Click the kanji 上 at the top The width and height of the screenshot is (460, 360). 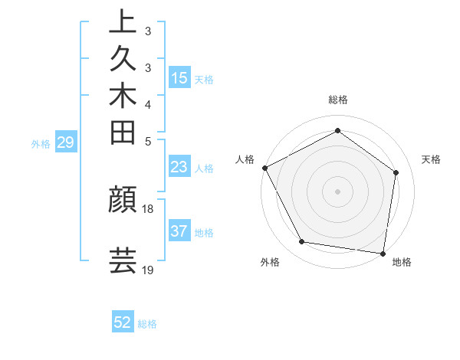point(123,21)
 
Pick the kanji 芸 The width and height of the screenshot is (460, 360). point(123,260)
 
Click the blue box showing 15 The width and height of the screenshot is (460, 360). point(179,77)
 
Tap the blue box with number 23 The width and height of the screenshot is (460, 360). point(179,167)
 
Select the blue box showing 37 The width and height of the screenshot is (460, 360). point(179,231)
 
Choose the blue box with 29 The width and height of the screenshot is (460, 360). point(66,142)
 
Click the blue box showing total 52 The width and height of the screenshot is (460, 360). point(123,322)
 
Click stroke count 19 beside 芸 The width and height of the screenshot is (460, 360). point(148,270)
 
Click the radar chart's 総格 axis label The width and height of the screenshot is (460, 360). point(337,100)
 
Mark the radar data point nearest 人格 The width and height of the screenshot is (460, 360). point(264,168)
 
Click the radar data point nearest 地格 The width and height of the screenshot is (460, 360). point(383,253)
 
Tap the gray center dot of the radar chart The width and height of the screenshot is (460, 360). point(337,191)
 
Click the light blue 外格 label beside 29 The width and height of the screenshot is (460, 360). point(41,142)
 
